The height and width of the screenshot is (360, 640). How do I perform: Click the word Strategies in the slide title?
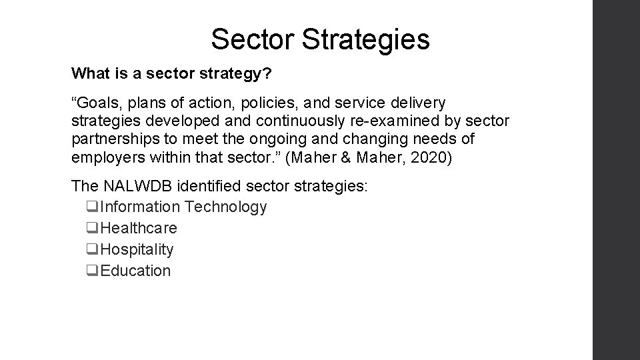click(365, 40)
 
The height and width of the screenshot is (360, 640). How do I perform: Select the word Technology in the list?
click(226, 207)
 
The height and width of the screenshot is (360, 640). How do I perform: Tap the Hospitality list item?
click(136, 249)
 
